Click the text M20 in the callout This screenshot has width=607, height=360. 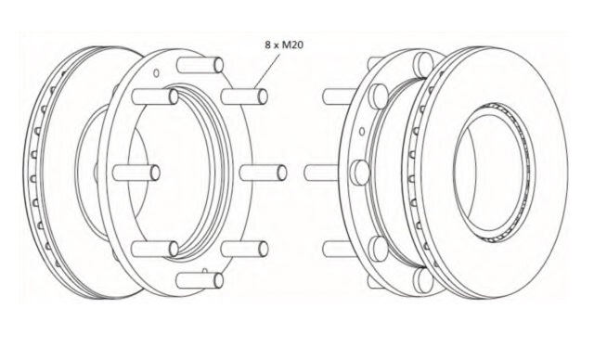(x=292, y=45)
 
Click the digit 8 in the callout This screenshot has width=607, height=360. (x=268, y=45)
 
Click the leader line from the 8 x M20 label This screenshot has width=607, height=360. (x=267, y=71)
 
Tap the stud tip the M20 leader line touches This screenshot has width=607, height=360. (x=263, y=96)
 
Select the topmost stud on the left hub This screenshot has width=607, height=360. (x=200, y=65)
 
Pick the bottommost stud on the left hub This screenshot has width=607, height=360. (x=200, y=280)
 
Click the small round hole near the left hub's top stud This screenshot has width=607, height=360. (x=157, y=72)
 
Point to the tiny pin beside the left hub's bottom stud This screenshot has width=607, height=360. (x=205, y=271)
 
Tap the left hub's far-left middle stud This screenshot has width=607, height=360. (x=136, y=173)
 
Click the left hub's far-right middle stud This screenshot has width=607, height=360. (x=264, y=173)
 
